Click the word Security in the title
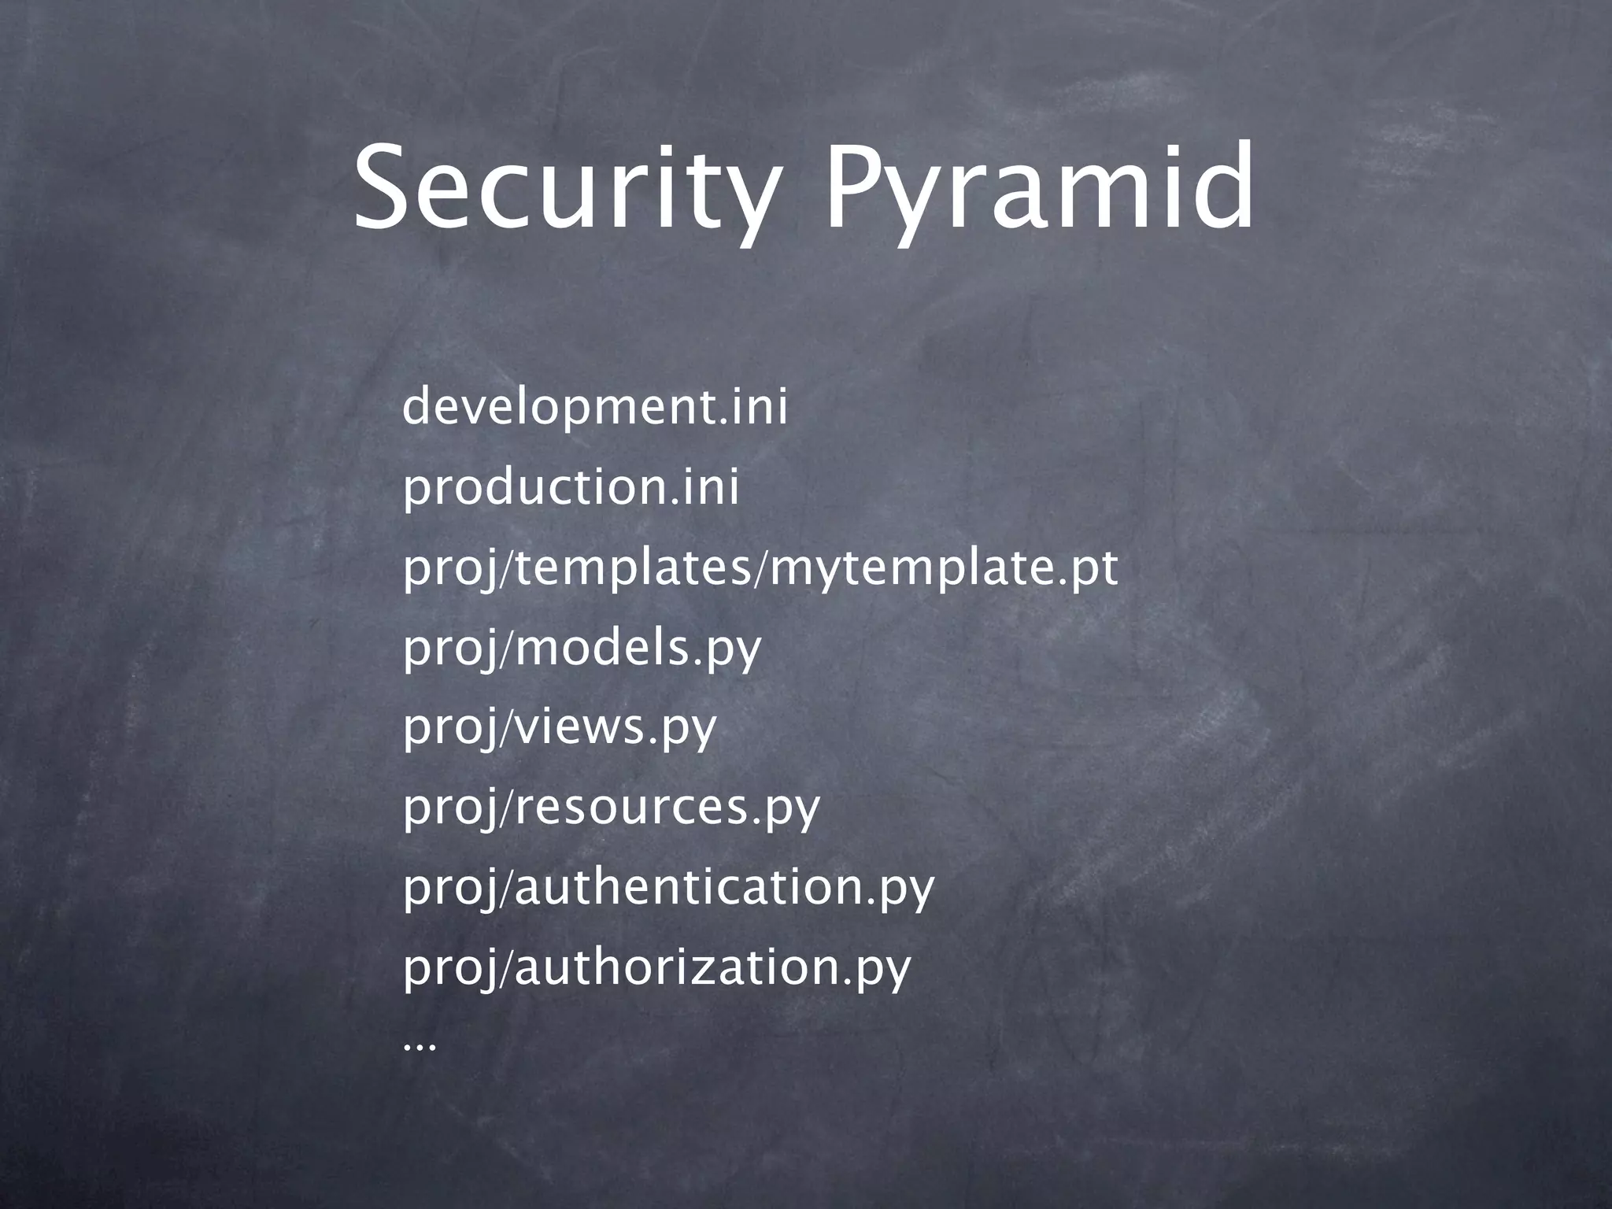[563, 189]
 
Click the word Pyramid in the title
[1037, 189]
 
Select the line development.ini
[594, 409]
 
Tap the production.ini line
[571, 488]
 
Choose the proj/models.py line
[582, 649]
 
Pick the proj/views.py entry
[560, 728]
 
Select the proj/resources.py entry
[611, 808]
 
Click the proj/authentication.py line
[668, 888]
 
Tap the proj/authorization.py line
[656, 967]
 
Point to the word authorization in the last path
[677, 967]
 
